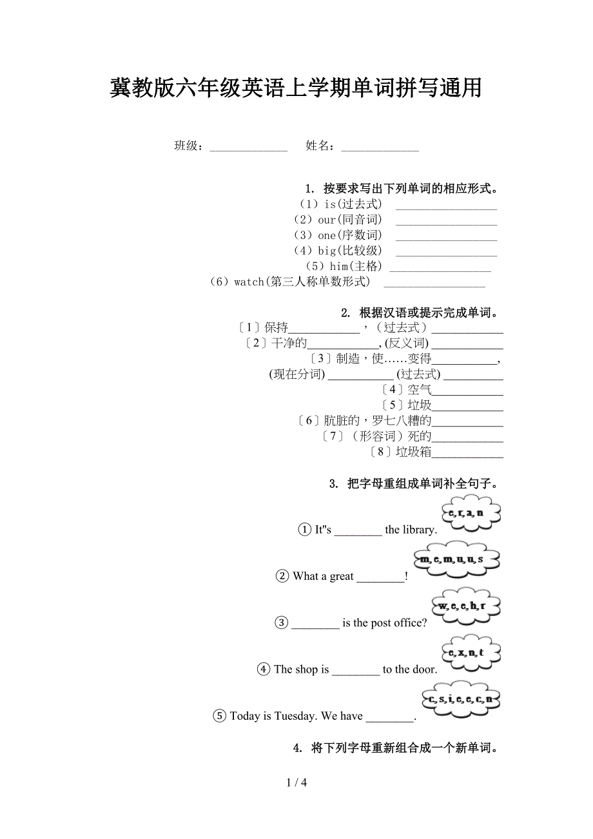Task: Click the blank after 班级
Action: (x=248, y=148)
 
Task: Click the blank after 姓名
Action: (x=380, y=148)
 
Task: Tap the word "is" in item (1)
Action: (x=330, y=204)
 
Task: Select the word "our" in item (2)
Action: (x=327, y=220)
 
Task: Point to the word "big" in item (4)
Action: (x=327, y=251)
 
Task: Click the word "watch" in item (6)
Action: (x=249, y=282)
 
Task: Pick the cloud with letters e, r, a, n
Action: (x=471, y=513)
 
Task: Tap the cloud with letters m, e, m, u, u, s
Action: (x=456, y=559)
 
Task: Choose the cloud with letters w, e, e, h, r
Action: (x=465, y=606)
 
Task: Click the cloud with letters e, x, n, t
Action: (x=471, y=653)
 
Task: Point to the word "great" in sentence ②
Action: (x=342, y=577)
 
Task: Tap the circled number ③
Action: (x=282, y=623)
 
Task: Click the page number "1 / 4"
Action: (x=296, y=783)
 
